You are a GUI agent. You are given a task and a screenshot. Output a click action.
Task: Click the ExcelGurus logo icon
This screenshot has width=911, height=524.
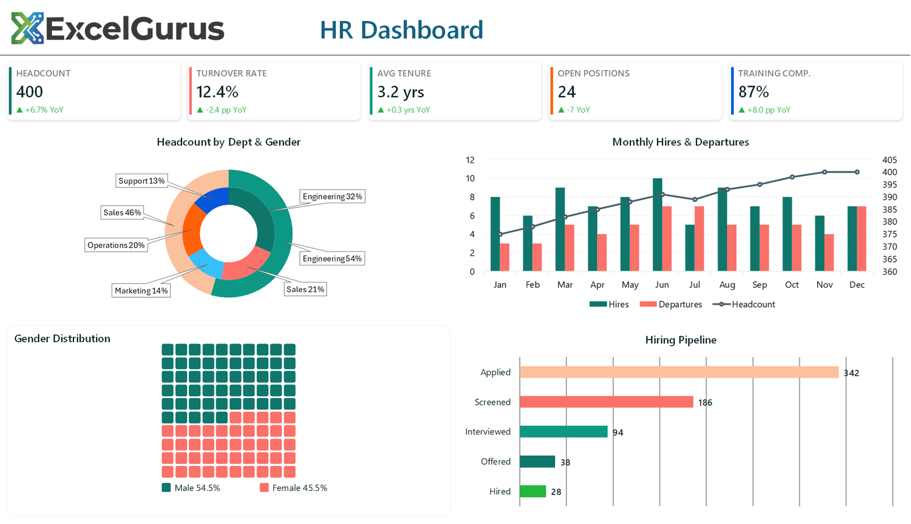(27, 28)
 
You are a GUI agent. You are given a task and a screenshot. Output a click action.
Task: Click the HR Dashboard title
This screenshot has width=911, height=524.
(401, 30)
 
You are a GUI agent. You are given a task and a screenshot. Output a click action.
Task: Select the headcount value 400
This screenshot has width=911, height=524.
(30, 92)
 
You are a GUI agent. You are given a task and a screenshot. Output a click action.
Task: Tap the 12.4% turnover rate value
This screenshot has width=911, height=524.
(217, 92)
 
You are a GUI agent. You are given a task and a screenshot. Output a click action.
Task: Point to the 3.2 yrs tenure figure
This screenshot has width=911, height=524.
(400, 92)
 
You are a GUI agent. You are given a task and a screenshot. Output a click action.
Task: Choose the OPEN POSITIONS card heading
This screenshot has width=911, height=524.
(593, 73)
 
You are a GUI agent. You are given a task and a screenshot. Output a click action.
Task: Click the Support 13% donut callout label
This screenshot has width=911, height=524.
(141, 181)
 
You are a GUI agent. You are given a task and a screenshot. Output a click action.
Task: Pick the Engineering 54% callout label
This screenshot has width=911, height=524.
(332, 259)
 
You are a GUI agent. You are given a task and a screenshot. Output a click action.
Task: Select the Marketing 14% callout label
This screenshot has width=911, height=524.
(141, 290)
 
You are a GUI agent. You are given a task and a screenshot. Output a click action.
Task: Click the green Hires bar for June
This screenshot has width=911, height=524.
(658, 225)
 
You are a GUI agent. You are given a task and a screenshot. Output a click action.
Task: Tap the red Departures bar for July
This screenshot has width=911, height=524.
(699, 239)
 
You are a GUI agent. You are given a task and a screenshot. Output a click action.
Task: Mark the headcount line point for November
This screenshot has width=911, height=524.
(824, 172)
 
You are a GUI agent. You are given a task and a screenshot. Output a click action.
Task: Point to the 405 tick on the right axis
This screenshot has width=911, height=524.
(889, 160)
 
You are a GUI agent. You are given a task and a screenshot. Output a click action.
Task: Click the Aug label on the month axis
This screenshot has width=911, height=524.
(727, 285)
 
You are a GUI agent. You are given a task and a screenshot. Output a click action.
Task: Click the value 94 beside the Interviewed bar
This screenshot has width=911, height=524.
(618, 432)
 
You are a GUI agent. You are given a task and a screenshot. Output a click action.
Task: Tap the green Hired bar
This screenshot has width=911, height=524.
(533, 492)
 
